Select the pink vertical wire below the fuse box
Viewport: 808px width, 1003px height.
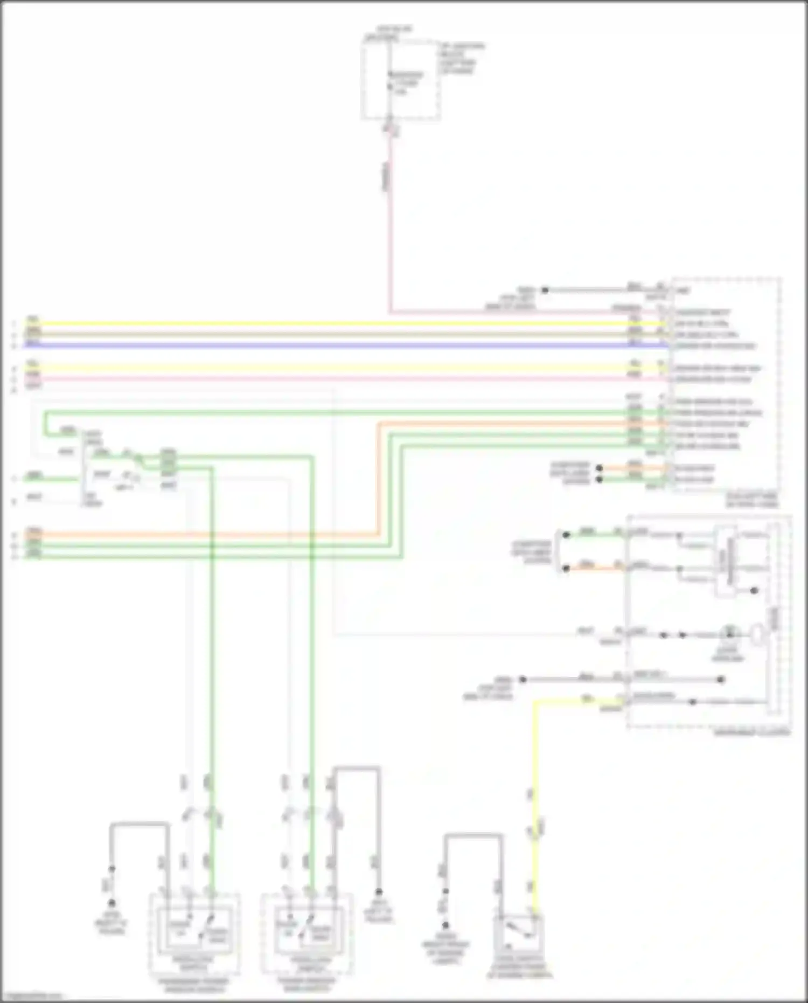(x=389, y=226)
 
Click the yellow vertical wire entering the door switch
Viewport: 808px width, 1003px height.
(x=534, y=808)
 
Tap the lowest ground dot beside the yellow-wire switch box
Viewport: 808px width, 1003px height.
(x=445, y=925)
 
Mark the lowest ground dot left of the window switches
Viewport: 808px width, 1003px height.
(x=112, y=903)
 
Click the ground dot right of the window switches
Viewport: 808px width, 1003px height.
(x=379, y=892)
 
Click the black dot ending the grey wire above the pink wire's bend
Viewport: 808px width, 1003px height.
(x=545, y=290)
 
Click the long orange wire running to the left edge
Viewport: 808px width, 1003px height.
(x=215, y=535)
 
